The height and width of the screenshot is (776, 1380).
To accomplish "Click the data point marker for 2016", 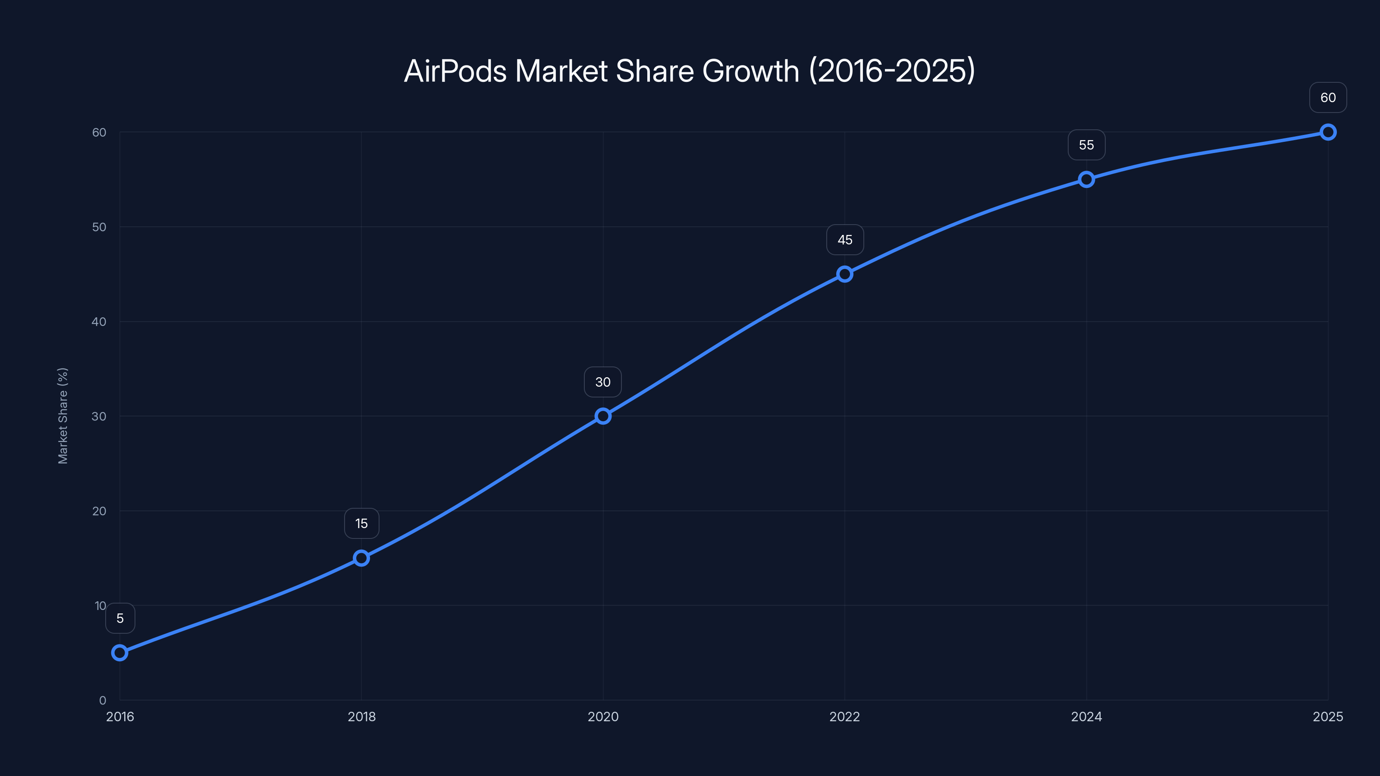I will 119,652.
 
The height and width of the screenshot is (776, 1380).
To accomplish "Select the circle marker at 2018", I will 362,558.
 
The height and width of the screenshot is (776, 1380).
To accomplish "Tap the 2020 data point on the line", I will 603,416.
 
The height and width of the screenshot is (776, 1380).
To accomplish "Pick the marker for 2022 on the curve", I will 845,274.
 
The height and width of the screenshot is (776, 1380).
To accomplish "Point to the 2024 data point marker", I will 1086,179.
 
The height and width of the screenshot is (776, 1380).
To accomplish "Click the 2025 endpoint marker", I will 1328,132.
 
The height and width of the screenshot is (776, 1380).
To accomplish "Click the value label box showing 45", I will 845,240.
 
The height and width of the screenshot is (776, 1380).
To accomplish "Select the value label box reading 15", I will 362,523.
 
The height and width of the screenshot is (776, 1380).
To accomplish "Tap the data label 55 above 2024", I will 1086,145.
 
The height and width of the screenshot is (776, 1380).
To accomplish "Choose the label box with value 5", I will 120,619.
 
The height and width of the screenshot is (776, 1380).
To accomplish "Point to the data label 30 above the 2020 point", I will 603,382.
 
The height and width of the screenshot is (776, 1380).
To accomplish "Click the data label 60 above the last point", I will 1328,97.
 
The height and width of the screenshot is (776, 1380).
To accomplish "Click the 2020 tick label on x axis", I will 603,717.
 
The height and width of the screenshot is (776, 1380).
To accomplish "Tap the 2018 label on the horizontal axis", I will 362,717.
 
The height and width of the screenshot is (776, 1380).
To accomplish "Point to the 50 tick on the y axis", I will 99,227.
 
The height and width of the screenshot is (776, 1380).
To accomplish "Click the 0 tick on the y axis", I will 102,700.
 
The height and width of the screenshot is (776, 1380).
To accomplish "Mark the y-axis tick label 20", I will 99,511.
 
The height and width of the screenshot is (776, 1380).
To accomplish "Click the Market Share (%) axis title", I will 63,416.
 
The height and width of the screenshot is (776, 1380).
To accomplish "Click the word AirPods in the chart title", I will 455,71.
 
